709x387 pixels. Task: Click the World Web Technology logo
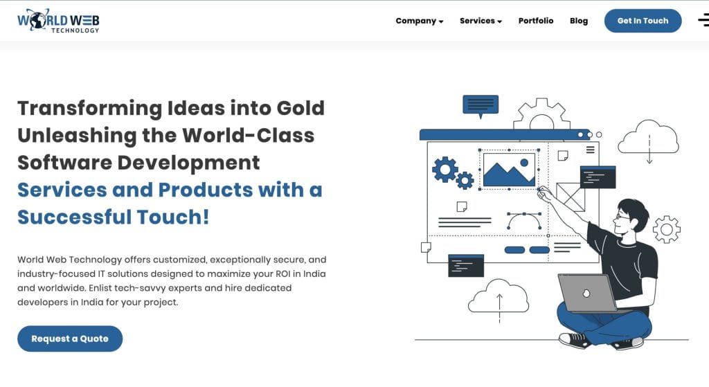pos(58,21)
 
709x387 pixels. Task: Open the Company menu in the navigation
pos(419,21)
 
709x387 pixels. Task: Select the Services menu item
pos(481,21)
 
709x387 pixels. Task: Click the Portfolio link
pos(536,21)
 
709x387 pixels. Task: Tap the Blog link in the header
pos(579,21)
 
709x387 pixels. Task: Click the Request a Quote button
pos(70,339)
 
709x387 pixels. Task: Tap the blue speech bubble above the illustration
pos(481,105)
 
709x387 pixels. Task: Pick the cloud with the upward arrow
pos(499,296)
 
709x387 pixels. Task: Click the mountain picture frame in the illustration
pos(509,170)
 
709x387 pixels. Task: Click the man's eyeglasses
pos(622,217)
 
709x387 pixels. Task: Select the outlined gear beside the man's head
pos(667,229)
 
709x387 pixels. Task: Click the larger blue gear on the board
pos(445,169)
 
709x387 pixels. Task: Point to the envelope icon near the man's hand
pos(571,196)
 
